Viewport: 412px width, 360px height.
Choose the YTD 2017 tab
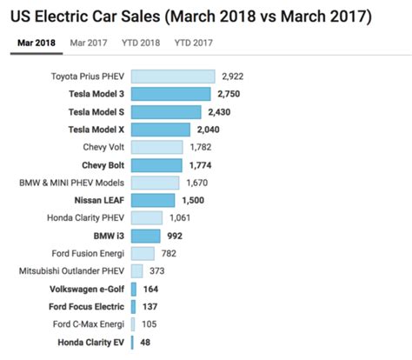(196, 42)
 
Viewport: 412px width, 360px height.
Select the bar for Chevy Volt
(156, 147)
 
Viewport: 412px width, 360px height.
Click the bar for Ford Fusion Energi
(142, 253)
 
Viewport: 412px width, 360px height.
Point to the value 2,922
(236, 77)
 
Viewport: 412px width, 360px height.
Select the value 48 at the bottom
(147, 343)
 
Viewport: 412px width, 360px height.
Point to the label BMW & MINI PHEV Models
(71, 183)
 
